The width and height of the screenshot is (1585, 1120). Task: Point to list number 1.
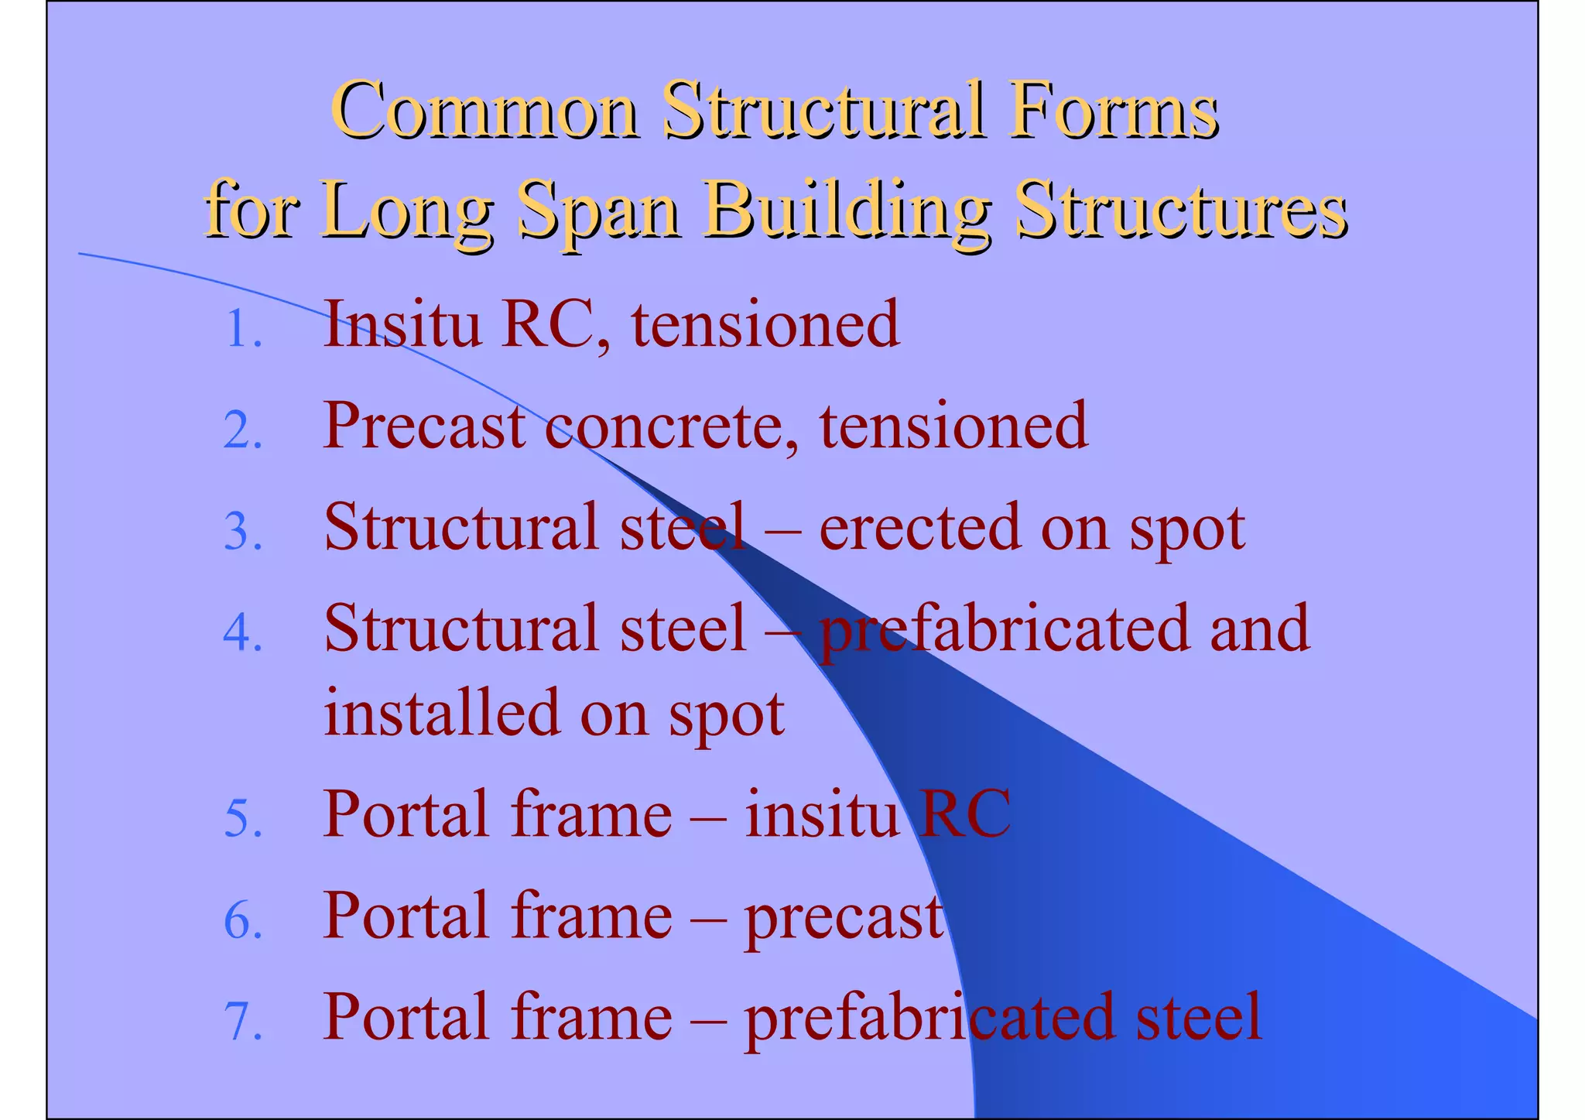pos(241,330)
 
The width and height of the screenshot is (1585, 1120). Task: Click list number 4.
pos(241,633)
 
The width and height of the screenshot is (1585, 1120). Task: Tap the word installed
pos(441,712)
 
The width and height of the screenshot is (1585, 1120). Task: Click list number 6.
pos(241,921)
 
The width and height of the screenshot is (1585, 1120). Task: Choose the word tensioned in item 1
pos(765,325)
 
